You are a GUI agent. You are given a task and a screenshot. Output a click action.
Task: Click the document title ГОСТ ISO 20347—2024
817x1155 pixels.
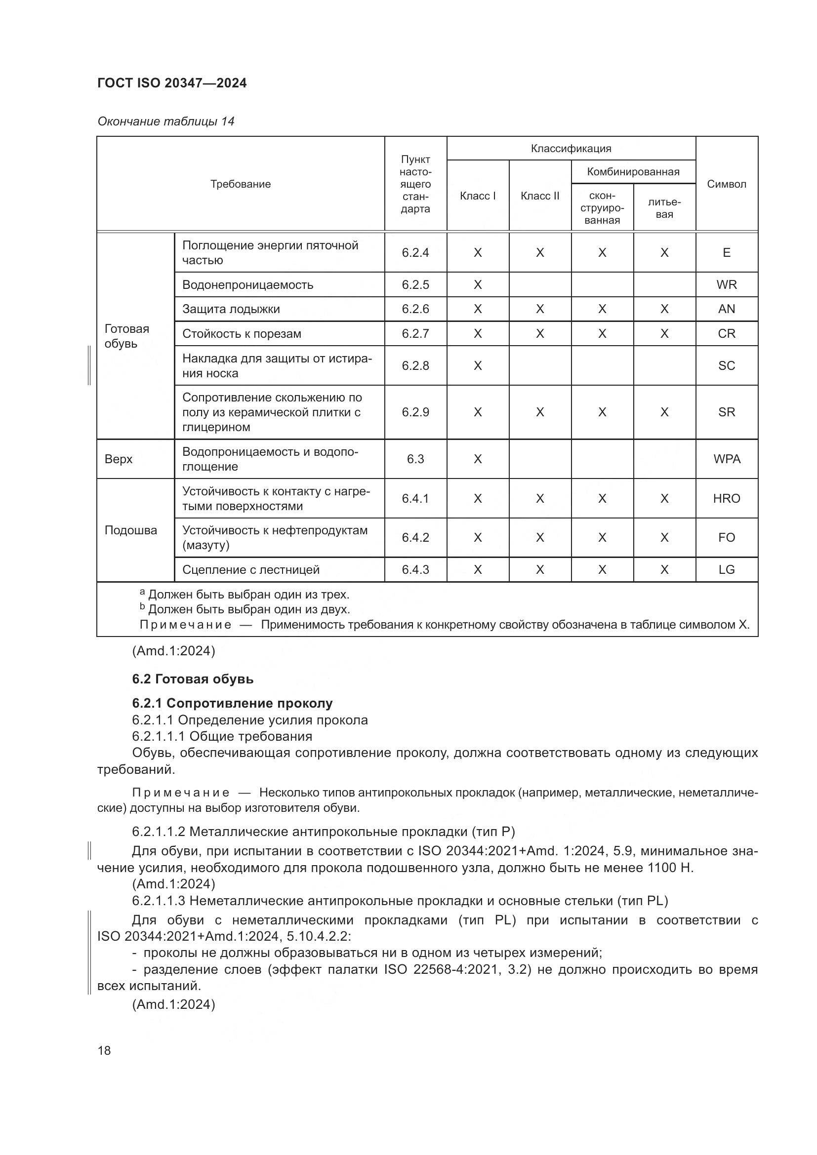coord(171,83)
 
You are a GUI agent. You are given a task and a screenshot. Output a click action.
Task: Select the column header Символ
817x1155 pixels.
coord(726,184)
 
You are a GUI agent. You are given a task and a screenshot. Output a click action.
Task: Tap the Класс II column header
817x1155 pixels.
coord(540,196)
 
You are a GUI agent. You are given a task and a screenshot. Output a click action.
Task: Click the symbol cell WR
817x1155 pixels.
coord(726,285)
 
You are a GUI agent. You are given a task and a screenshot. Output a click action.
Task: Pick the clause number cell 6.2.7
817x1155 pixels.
coord(415,333)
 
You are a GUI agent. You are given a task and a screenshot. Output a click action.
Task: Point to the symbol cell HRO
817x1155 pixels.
coord(726,499)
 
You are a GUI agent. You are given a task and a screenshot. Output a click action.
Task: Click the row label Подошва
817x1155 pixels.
coord(131,530)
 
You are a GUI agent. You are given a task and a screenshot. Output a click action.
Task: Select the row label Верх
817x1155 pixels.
coord(119,459)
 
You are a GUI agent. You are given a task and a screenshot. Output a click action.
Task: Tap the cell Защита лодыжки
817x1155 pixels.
coord(231,309)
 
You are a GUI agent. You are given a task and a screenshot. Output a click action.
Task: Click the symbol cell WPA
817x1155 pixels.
coord(726,459)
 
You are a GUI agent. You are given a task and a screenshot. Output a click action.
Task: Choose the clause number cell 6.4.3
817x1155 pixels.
coord(415,569)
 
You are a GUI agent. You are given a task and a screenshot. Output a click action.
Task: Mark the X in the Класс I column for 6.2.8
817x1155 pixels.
coord(478,366)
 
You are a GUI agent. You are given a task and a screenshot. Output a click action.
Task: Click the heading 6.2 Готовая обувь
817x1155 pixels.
coord(193,679)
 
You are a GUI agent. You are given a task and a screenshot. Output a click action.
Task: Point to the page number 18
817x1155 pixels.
coord(104,1050)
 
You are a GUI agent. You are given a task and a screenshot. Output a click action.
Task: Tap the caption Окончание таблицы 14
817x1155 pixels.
coord(165,121)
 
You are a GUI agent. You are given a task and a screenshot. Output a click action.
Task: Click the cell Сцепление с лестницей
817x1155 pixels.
coord(250,569)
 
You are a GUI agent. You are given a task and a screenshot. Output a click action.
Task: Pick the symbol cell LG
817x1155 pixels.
coord(726,569)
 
